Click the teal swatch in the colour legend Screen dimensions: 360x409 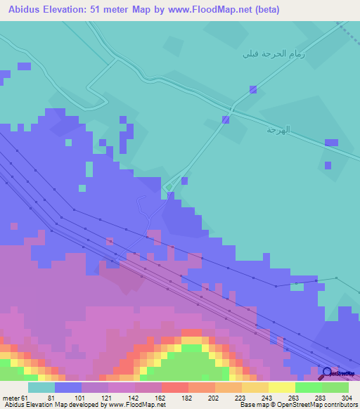coord(41,387)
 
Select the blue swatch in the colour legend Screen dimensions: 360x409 coord(67,387)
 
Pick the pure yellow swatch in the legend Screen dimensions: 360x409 coord(281,387)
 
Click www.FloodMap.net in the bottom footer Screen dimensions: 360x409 coord(135,404)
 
